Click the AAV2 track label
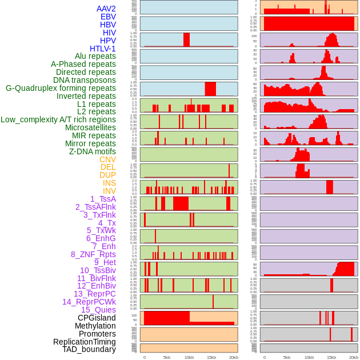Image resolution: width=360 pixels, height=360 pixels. coord(106,9)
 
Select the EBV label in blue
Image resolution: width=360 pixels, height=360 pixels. coord(108,17)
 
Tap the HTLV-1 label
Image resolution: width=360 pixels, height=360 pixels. coord(102,49)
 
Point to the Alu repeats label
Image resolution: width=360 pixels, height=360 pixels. coord(95,56)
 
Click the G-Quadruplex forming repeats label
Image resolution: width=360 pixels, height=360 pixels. coord(61,88)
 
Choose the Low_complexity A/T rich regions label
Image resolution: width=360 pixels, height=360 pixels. coord(58,119)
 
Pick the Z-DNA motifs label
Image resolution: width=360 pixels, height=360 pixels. coord(93,151)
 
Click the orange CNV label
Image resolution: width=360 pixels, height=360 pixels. coord(107,159)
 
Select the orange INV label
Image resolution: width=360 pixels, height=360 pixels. coord(109,191)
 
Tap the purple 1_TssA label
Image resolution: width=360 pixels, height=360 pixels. coord(103,199)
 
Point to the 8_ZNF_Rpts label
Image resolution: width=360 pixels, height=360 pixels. coord(93,254)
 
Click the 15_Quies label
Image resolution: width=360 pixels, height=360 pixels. coord(98,310)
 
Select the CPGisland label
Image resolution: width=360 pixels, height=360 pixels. coord(97,318)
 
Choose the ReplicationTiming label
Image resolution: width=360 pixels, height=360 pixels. coord(85,342)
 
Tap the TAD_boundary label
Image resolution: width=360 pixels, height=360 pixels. coord(89,349)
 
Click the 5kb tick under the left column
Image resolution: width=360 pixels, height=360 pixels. coord(167,357)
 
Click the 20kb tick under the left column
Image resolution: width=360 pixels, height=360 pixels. coord(234,357)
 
